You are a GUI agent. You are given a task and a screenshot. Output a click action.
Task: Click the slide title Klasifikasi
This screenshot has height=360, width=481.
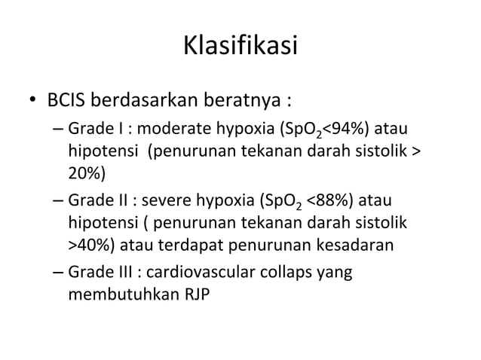pos(240,48)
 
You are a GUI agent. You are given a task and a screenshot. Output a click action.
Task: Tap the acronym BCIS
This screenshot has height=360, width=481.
pos(68,100)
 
